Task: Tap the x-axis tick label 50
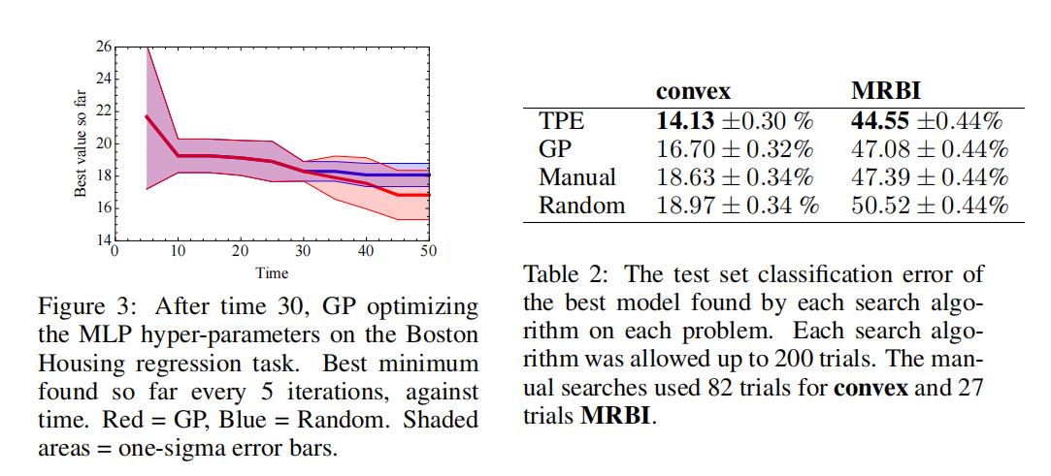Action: click(x=427, y=249)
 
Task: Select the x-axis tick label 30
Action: click(x=302, y=249)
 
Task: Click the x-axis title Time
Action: click(x=272, y=273)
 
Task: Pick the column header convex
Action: click(x=693, y=90)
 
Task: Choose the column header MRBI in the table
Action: click(x=885, y=90)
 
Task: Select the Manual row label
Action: click(x=576, y=176)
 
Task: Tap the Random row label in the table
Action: click(x=581, y=205)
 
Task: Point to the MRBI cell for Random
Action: click(x=930, y=205)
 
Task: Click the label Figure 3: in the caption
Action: click(x=79, y=308)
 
